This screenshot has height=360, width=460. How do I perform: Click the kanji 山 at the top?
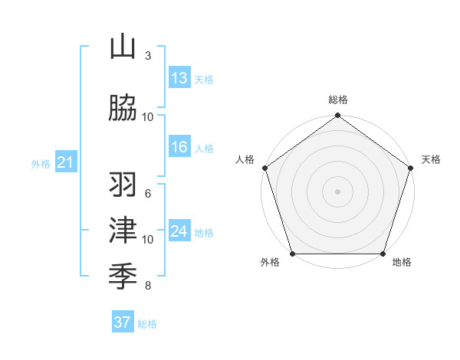(123, 47)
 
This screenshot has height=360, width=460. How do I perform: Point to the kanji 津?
(123, 229)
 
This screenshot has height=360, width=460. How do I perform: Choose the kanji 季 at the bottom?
(123, 273)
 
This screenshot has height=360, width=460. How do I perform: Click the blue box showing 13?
(179, 78)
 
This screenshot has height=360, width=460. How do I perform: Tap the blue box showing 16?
(179, 148)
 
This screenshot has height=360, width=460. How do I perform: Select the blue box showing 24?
(179, 231)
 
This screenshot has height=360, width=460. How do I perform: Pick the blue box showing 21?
(65, 162)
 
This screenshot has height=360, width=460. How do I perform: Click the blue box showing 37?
(123, 322)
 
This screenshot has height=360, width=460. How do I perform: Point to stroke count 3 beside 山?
(147, 56)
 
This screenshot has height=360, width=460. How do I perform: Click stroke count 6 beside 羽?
(147, 194)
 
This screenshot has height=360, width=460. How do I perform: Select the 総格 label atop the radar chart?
(338, 100)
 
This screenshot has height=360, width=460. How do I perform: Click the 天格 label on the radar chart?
(431, 159)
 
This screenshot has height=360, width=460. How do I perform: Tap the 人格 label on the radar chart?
(245, 159)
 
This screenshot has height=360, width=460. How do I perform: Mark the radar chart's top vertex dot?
(338, 116)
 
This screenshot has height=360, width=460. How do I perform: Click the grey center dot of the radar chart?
(338, 191)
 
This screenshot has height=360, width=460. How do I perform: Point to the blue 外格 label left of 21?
(40, 163)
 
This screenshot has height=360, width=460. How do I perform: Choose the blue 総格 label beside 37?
(147, 324)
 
